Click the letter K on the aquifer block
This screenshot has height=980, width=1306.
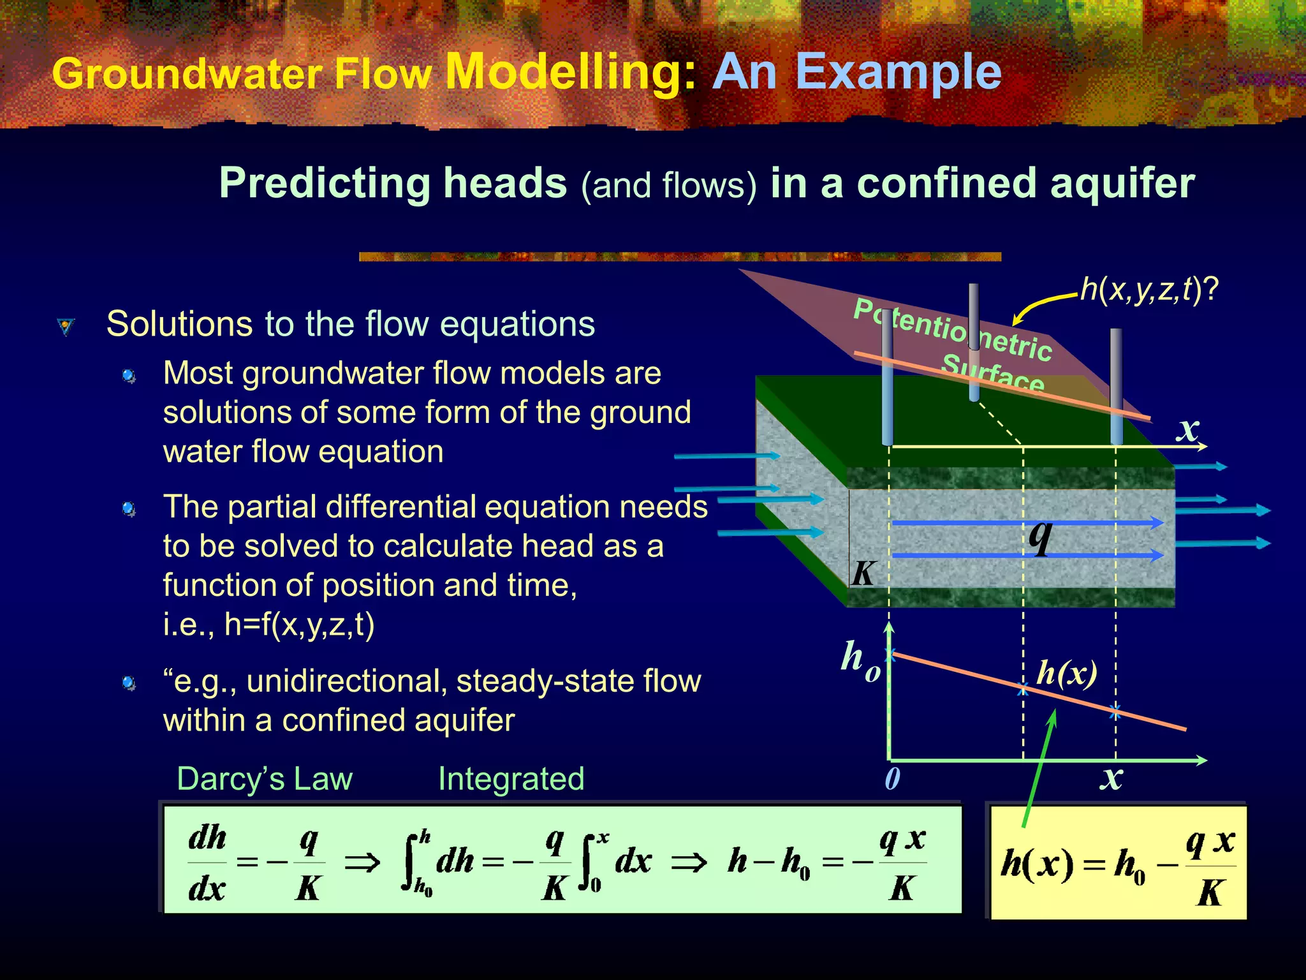pyautogui.click(x=863, y=573)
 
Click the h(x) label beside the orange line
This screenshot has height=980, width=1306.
pyautogui.click(x=1066, y=672)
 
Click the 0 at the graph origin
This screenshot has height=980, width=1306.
pyautogui.click(x=892, y=778)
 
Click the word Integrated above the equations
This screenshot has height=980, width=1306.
pyautogui.click(x=511, y=779)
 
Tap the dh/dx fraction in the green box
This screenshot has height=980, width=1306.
pyautogui.click(x=207, y=863)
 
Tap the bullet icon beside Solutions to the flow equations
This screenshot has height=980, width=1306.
pyautogui.click(x=65, y=327)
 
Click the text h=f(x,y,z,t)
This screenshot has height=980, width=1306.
pyautogui.click(x=300, y=625)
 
